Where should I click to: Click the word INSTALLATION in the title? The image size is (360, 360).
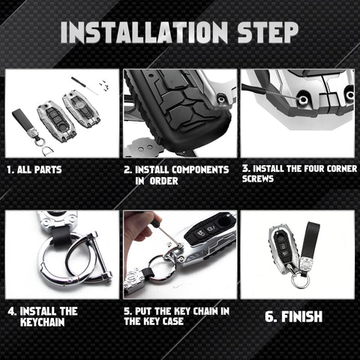[144, 32]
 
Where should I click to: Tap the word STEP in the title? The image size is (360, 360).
[268, 32]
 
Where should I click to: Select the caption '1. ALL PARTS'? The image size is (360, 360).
[34, 169]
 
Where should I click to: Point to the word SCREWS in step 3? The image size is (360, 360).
[258, 178]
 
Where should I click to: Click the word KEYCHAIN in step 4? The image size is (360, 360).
[43, 322]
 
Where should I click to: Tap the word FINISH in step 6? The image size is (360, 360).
[301, 316]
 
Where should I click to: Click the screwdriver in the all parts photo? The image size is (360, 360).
[85, 85]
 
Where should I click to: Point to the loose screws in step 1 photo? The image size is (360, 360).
[104, 85]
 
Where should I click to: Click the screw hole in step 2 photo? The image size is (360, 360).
[220, 99]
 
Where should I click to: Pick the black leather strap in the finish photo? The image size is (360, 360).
[310, 239]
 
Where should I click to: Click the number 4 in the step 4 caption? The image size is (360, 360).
[11, 312]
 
